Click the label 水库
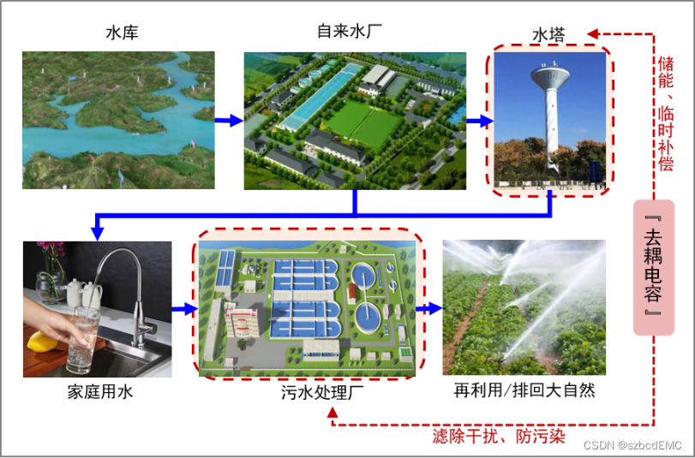pyautogui.click(x=122, y=33)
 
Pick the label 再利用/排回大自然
pyautogui.click(x=524, y=390)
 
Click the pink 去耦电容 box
pyautogui.click(x=654, y=267)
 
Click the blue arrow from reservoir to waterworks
pyautogui.click(x=229, y=121)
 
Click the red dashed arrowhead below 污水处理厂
pyautogui.click(x=334, y=416)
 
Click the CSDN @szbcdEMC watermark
pyautogui.click(x=632, y=446)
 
